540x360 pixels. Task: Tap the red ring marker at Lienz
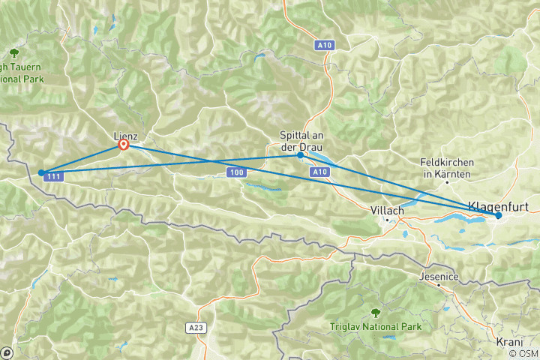click(x=123, y=145)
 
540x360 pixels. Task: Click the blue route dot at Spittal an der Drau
click(x=301, y=156)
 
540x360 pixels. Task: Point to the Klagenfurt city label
click(x=495, y=205)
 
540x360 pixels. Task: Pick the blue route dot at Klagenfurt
click(x=499, y=216)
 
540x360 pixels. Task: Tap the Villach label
click(x=388, y=211)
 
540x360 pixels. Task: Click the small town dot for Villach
click(x=388, y=220)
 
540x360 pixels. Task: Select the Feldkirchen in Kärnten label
click(x=448, y=169)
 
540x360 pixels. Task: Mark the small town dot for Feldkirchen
click(x=448, y=182)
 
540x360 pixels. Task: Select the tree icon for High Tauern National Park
click(x=14, y=52)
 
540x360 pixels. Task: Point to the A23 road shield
click(x=194, y=328)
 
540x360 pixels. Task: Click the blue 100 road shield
click(x=237, y=173)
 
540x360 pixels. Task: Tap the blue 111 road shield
click(x=53, y=177)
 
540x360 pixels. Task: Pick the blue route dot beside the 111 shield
click(x=41, y=172)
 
